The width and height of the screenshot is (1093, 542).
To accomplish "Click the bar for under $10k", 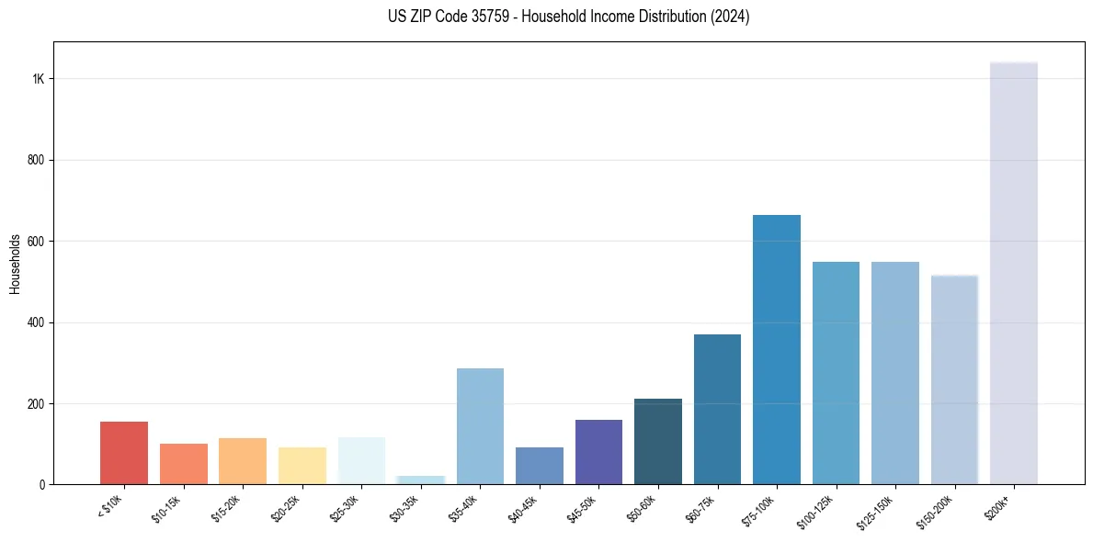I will pyautogui.click(x=124, y=453).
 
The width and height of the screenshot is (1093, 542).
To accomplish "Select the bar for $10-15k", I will pyautogui.click(x=184, y=464).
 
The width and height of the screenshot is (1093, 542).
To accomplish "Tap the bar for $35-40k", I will pyautogui.click(x=480, y=426).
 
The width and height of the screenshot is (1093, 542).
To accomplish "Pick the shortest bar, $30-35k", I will pyautogui.click(x=421, y=480).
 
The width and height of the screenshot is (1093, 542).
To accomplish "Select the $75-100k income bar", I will pyautogui.click(x=777, y=350).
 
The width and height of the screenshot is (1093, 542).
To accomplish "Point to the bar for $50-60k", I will pyautogui.click(x=658, y=442).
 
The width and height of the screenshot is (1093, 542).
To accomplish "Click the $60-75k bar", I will pyautogui.click(x=717, y=410).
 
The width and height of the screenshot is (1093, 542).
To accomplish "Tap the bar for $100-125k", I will pyautogui.click(x=836, y=373).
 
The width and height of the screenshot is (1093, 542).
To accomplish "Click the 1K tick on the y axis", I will pyautogui.click(x=39, y=79).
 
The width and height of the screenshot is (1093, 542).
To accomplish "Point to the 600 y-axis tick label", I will pyautogui.click(x=37, y=242).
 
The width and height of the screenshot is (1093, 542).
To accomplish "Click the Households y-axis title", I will pyautogui.click(x=15, y=264).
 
